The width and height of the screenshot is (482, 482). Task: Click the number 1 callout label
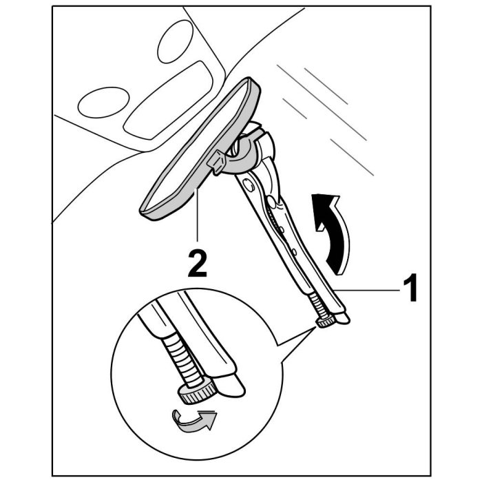tap(410, 289)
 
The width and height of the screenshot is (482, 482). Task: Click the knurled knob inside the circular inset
tap(197, 392)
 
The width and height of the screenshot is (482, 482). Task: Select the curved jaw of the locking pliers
tap(260, 149)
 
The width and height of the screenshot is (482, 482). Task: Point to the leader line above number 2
tap(198, 220)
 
